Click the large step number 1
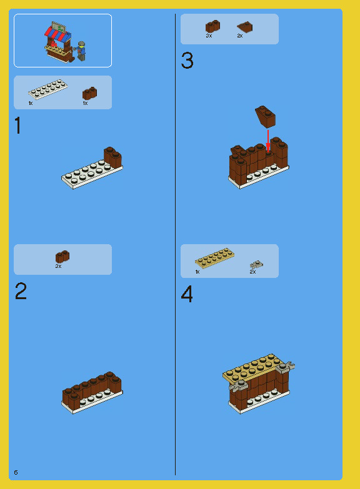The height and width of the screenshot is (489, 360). click(x=18, y=126)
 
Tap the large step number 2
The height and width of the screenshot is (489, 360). click(x=21, y=292)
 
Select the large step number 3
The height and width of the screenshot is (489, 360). click(x=187, y=61)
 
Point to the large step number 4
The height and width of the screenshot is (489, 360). click(x=187, y=294)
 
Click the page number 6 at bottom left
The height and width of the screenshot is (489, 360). click(x=16, y=472)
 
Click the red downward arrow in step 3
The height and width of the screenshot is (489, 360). click(x=268, y=140)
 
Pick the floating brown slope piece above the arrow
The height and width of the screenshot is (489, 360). click(x=265, y=116)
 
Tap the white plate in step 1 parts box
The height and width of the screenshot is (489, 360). click(x=47, y=89)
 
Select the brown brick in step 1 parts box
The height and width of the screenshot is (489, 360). click(x=89, y=93)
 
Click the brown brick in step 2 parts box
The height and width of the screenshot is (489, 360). click(x=62, y=256)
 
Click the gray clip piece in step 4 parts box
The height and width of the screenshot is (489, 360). click(x=256, y=264)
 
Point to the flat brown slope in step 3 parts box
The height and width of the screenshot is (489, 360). click(x=244, y=27)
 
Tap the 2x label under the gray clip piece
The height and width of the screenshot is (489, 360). click(x=253, y=272)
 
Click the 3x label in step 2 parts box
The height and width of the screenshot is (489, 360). click(x=58, y=266)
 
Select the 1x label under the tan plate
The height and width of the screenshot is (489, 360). click(x=197, y=272)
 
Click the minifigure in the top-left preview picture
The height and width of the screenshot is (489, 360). click(x=81, y=51)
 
